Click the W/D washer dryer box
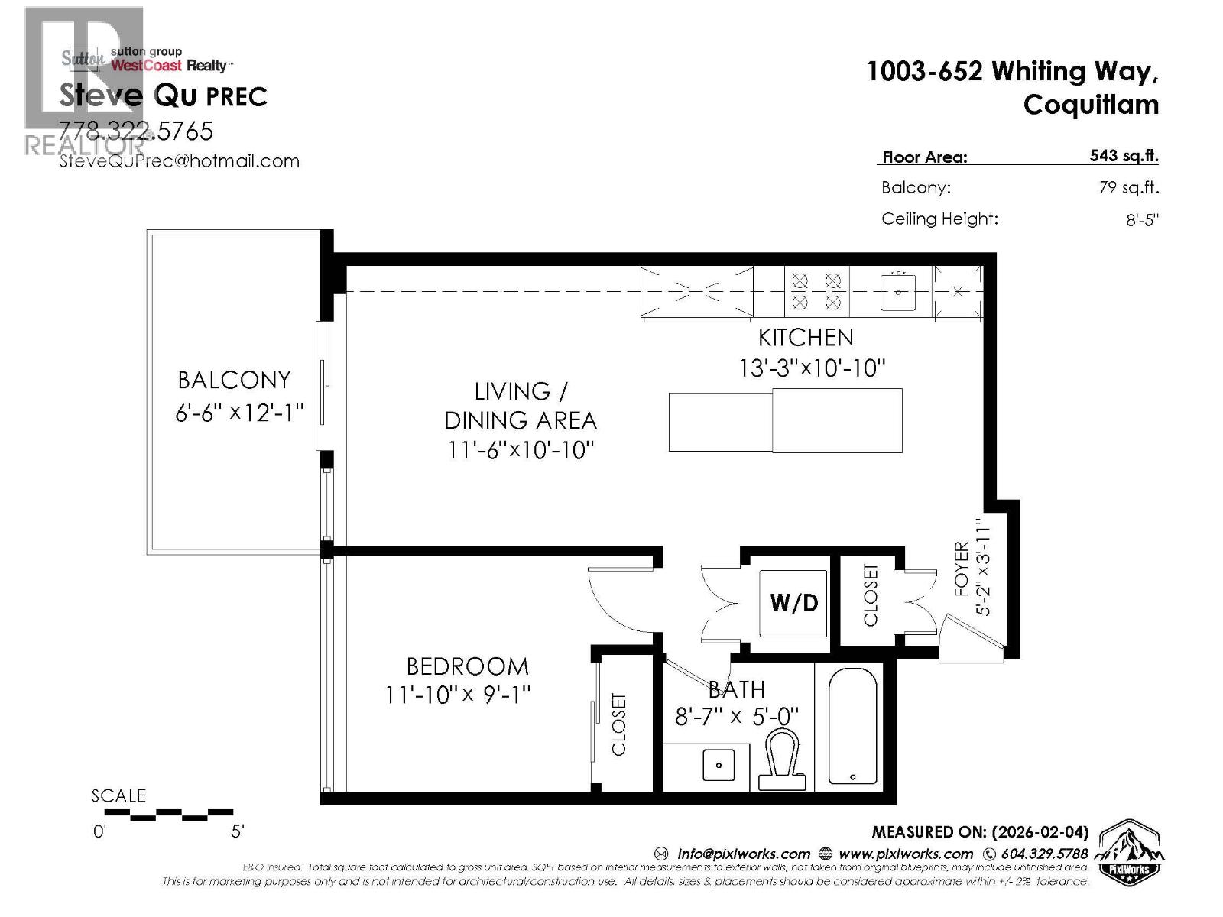click(x=793, y=603)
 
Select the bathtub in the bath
click(x=852, y=726)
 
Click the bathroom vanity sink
click(x=719, y=764)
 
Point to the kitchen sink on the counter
click(x=898, y=292)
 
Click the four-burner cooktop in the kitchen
click(x=816, y=291)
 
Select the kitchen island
click(x=785, y=420)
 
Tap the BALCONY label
click(x=234, y=380)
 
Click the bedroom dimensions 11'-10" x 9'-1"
click(x=458, y=695)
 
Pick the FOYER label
click(x=961, y=569)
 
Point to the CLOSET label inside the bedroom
click(x=619, y=724)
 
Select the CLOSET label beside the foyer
click(x=871, y=595)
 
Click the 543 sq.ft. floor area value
click(x=1124, y=156)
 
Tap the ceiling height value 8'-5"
click(x=1142, y=220)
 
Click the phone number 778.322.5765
click(x=137, y=131)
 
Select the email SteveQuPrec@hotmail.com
click(x=180, y=161)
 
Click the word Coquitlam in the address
click(x=1091, y=105)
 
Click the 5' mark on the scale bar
click(x=238, y=831)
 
